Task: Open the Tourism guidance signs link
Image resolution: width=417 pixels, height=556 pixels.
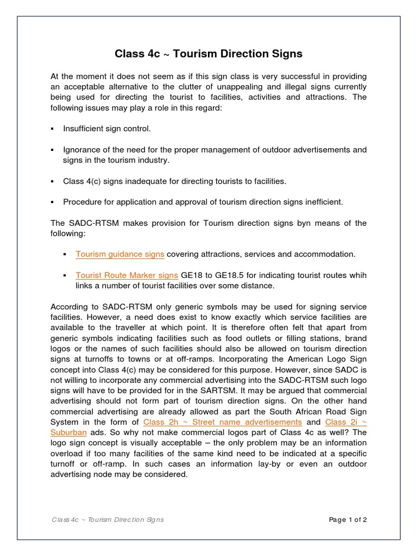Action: tap(120, 254)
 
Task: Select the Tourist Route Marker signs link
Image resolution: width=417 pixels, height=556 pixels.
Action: tap(127, 275)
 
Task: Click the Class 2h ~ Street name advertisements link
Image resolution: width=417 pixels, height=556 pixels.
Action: tap(223, 422)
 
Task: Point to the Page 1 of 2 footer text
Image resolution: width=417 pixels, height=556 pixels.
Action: tap(347, 520)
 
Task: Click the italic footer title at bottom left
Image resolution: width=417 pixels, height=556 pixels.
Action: tap(108, 520)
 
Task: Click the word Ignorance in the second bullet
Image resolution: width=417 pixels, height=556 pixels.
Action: tap(81, 149)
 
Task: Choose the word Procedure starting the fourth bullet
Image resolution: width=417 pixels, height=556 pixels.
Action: tap(82, 202)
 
